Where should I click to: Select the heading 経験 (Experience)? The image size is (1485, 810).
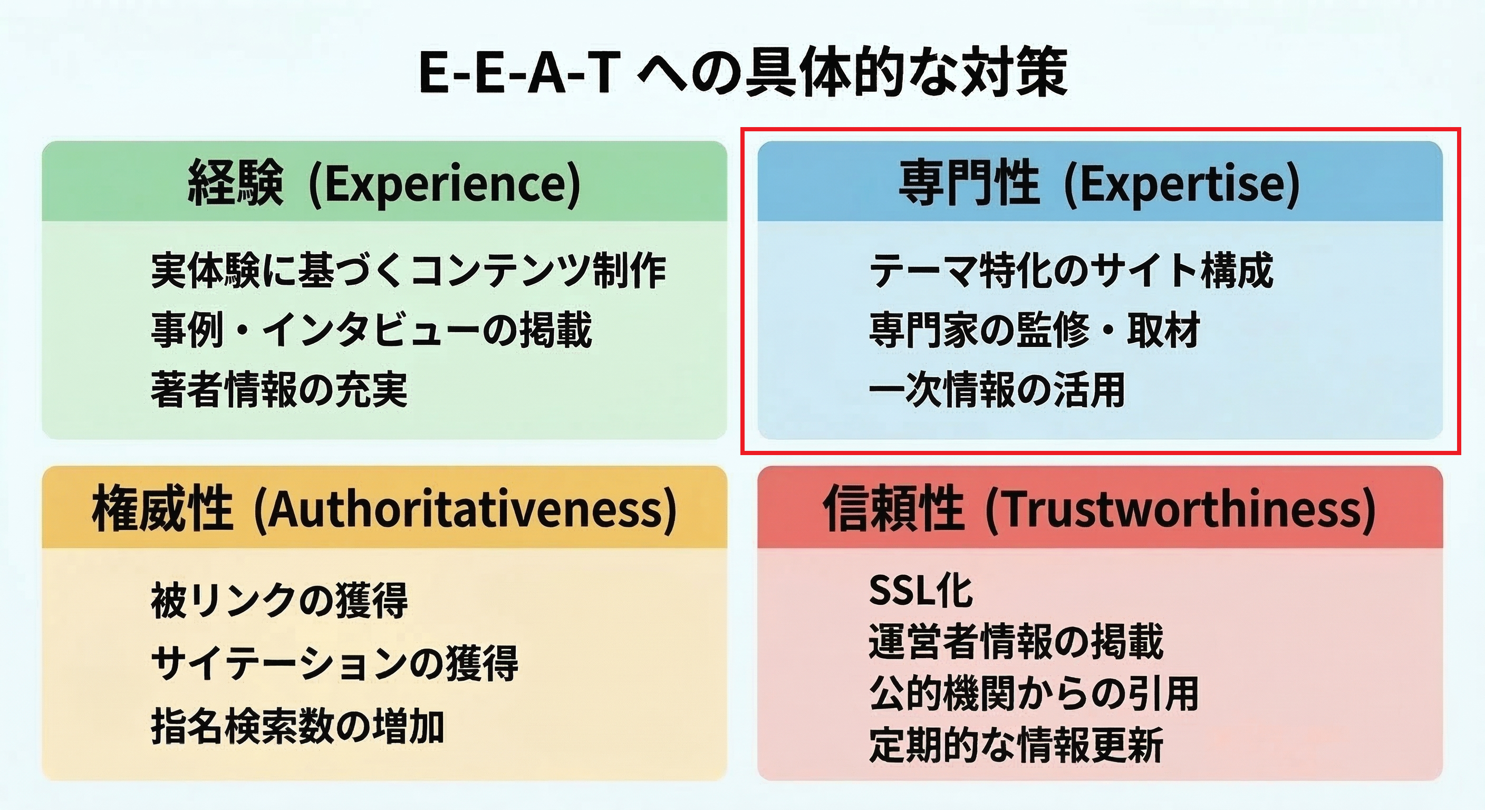(384, 184)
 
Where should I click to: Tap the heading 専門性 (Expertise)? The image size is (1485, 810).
(1099, 184)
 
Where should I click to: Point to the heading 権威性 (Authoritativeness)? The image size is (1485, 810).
(384, 509)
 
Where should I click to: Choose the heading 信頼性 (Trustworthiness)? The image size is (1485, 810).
(1099, 509)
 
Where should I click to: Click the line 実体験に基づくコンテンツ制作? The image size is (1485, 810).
(408, 271)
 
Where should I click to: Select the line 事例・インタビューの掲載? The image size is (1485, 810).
(371, 330)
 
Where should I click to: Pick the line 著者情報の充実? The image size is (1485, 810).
(279, 389)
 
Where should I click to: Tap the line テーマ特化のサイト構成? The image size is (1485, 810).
(1071, 271)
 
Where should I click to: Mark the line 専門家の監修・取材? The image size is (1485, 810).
(1034, 330)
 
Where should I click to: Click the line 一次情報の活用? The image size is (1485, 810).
(997, 389)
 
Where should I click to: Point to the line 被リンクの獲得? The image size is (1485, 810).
(279, 600)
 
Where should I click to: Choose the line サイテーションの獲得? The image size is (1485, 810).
(334, 663)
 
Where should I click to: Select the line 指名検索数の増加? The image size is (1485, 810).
(297, 726)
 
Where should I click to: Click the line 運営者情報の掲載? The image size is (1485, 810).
(1016, 642)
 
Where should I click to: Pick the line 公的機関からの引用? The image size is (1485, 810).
(1034, 693)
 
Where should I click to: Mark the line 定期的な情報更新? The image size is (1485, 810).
(1016, 746)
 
